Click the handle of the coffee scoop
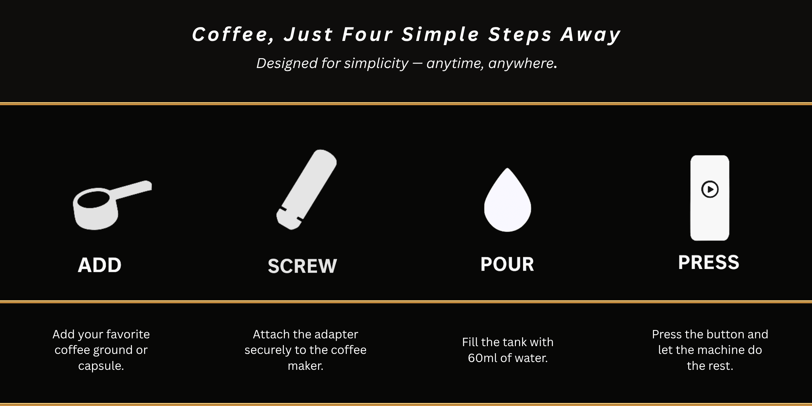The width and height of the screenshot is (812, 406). pyautogui.click(x=134, y=191)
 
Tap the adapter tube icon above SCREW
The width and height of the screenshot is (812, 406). pyautogui.click(x=307, y=189)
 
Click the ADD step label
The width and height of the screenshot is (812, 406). pyautogui.click(x=99, y=265)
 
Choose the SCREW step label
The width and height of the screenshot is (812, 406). pyautogui.click(x=302, y=266)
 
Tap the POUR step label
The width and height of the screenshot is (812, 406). pyautogui.click(x=507, y=264)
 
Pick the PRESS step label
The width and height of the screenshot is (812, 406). pyautogui.click(x=709, y=262)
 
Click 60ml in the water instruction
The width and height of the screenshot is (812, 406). pyautogui.click(x=483, y=358)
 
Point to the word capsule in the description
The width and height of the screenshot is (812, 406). pyautogui.click(x=99, y=366)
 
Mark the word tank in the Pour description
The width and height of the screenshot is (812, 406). pyautogui.click(x=515, y=342)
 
